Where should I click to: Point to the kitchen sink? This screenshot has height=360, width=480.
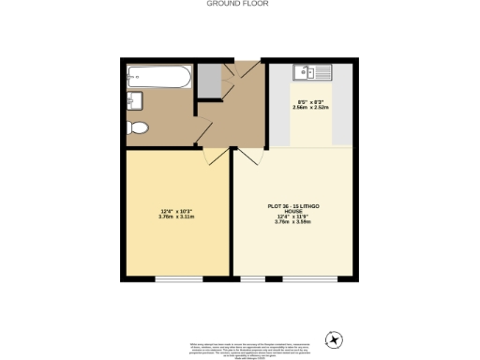point(310,71)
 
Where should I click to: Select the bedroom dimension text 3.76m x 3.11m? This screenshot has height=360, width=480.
point(177,216)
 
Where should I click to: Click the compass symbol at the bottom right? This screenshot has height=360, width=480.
point(331,338)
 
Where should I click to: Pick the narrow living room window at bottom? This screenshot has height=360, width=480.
point(250,279)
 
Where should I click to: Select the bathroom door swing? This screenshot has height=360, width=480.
point(201,132)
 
